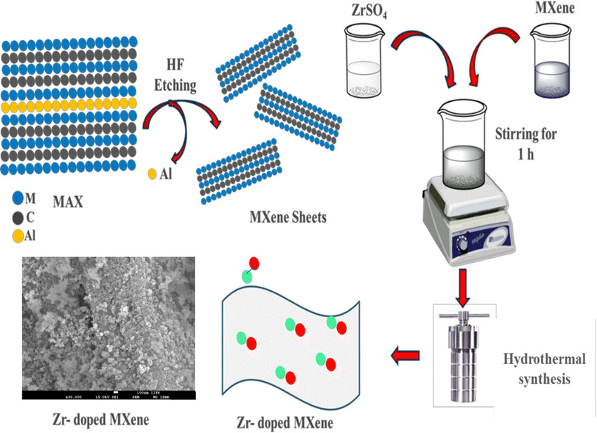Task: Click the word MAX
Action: click(69, 203)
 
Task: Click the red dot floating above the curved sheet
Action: click(254, 264)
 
